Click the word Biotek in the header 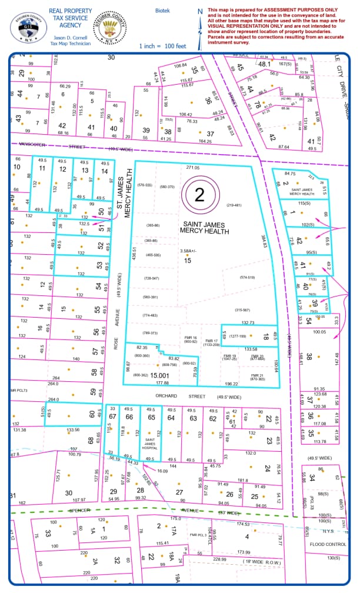tap(162, 11)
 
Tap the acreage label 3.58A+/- tap(189, 251)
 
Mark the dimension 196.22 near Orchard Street tap(231, 384)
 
